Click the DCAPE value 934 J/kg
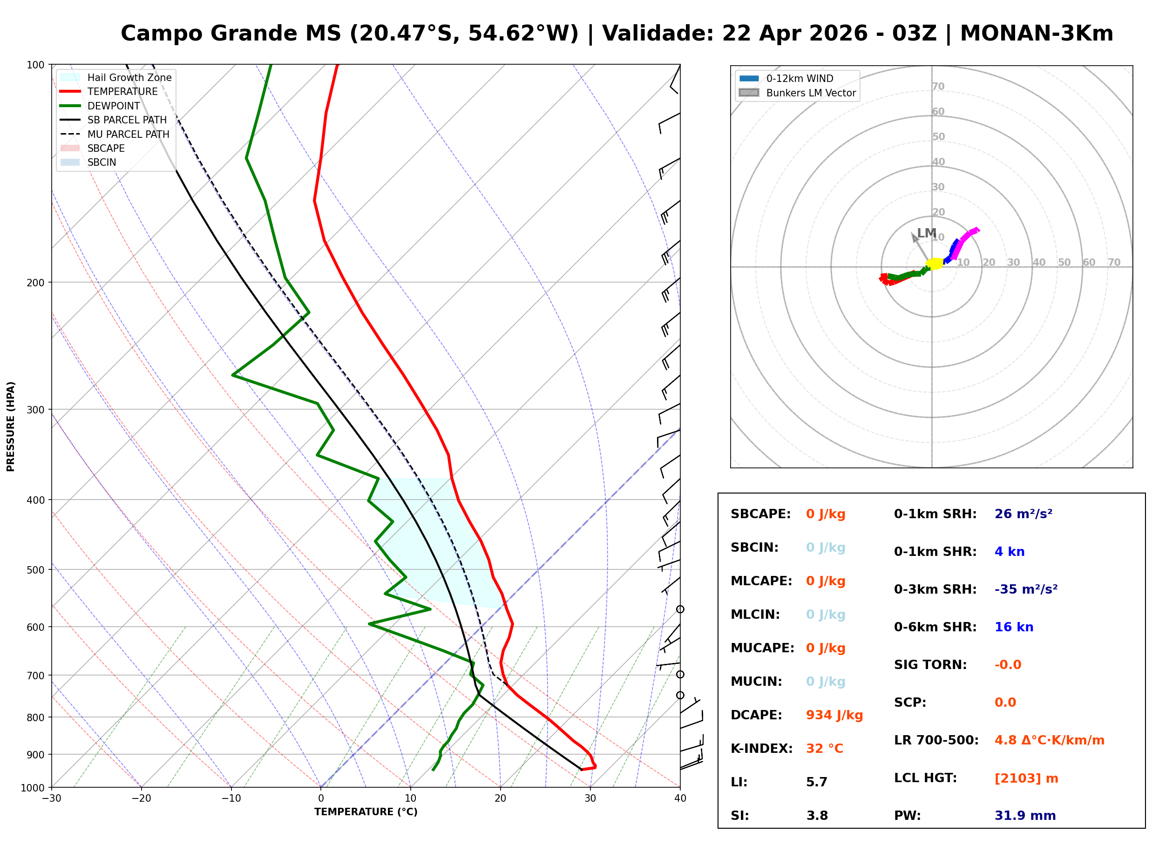pos(834,715)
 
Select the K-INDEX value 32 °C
pos(824,749)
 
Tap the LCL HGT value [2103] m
pos(1026,778)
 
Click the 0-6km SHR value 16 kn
pos(1013,627)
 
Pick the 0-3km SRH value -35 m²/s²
pos(1026,589)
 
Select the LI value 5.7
pos(816,782)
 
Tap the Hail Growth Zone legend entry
pos(129,77)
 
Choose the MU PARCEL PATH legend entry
pos(128,134)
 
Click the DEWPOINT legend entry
pos(114,106)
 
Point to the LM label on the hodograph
pos(926,233)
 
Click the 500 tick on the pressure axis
pos(35,570)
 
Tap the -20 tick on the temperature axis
pos(141,799)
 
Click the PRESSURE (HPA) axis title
pos(11,426)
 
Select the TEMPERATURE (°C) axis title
pos(366,812)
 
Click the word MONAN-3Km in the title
pos(1036,34)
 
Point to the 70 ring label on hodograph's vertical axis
pos(937,86)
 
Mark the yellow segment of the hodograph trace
pos(935,264)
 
